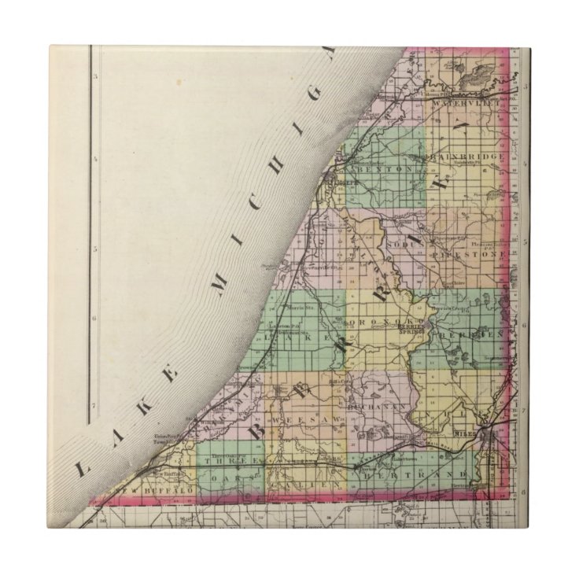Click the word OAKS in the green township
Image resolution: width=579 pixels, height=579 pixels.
241,476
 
